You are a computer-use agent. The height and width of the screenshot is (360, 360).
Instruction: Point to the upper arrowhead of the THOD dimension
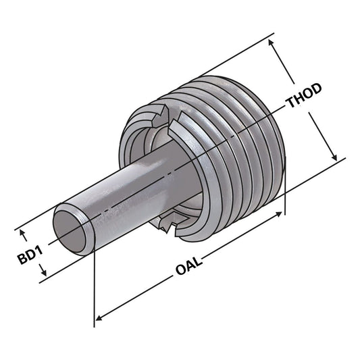273,43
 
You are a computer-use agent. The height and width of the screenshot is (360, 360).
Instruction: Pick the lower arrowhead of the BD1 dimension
43,274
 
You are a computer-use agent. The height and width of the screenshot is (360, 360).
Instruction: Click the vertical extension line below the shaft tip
95,284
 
